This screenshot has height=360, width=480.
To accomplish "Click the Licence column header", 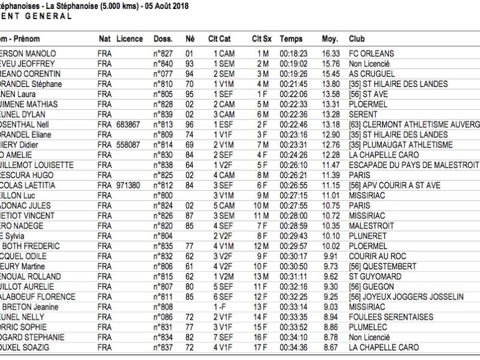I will click(130, 38).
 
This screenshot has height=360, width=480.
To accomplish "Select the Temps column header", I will click(291, 38).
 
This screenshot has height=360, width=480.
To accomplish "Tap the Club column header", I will click(356, 38).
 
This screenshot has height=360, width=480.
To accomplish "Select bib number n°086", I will click(163, 317).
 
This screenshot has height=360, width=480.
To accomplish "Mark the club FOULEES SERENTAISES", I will click(388, 317).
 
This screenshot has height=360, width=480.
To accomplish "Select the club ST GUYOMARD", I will click(372, 277).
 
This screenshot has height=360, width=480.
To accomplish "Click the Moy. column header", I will click(329, 38).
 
